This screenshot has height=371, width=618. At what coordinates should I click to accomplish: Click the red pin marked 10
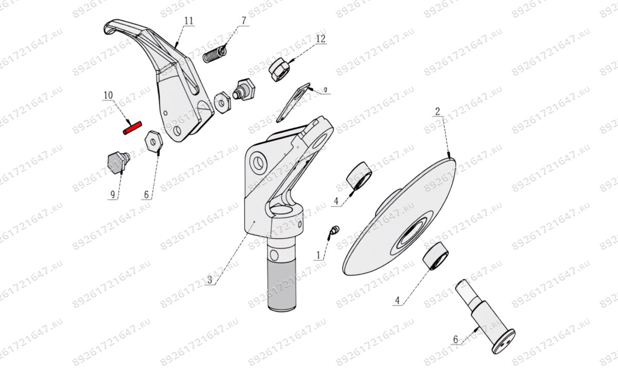pos(131,128)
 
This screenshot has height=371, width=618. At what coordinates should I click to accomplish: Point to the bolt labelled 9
pos(117,162)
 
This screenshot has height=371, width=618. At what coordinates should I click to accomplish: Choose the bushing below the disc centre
pos(435,256)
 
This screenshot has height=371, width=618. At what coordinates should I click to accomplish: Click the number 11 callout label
pos(188,21)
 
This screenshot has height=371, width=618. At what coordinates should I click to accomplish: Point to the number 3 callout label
pos(210,281)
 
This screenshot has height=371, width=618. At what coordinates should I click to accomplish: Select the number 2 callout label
pos(437,111)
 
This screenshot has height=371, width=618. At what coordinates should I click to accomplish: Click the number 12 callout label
pos(320,39)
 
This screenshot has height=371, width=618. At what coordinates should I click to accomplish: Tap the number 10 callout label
pos(108,95)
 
